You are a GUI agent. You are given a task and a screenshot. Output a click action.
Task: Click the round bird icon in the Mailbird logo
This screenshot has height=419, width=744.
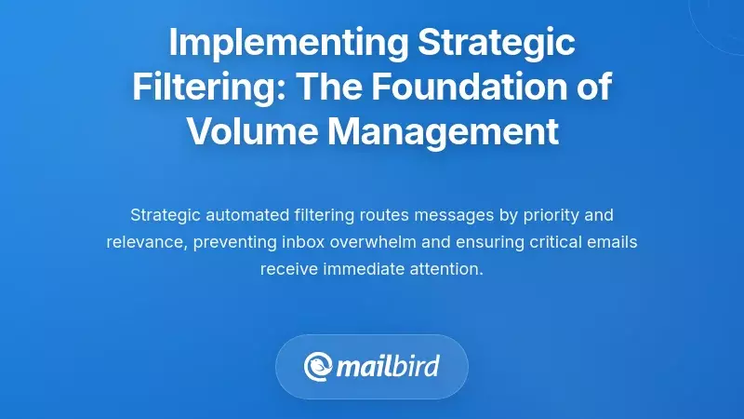tap(320, 366)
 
